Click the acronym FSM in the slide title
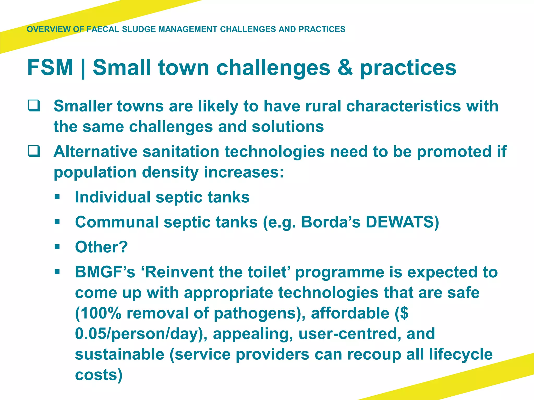(x=50, y=68)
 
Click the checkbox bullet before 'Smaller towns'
(x=34, y=106)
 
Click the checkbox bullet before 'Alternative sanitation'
(x=34, y=151)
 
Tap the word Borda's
(x=331, y=222)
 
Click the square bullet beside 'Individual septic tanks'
(x=57, y=197)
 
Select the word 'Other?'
(x=101, y=247)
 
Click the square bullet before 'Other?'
(x=57, y=247)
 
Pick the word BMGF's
(x=105, y=272)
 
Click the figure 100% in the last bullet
(x=99, y=313)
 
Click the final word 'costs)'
(x=99, y=375)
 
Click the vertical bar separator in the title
(x=83, y=68)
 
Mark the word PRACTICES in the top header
(x=322, y=29)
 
